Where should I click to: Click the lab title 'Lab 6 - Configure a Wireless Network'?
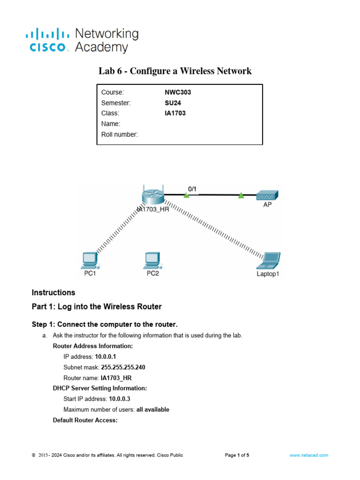tap(175, 71)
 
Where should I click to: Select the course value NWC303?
tap(174, 92)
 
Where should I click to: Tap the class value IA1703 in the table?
tap(172, 113)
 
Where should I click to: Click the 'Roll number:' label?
tap(120, 135)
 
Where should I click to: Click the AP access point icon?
tap(268, 195)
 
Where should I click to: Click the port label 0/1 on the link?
tap(192, 188)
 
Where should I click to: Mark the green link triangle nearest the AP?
tap(241, 195)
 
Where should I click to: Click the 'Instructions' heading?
tap(53, 292)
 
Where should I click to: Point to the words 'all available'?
tap(153, 409)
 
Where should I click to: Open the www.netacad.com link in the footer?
tap(309, 455)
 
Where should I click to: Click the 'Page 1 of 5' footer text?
tap(237, 455)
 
